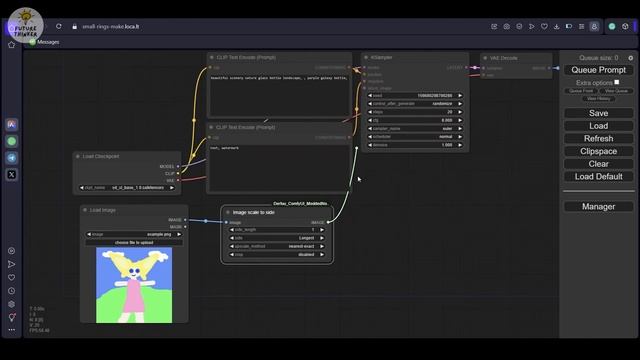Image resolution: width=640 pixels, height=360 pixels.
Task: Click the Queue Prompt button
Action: click(598, 70)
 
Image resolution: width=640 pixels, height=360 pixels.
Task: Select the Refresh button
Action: click(598, 139)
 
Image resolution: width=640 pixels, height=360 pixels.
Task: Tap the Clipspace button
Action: click(598, 151)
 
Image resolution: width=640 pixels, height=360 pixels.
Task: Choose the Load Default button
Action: click(598, 177)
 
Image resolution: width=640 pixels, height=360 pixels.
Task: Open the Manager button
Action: click(598, 207)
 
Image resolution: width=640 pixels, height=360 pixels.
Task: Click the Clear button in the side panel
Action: click(598, 164)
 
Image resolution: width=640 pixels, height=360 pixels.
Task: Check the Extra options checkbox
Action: click(617, 82)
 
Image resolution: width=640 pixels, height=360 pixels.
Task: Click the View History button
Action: click(598, 98)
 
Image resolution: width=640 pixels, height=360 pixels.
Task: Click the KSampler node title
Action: click(382, 58)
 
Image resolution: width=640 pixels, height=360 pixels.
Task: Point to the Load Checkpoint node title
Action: click(103, 156)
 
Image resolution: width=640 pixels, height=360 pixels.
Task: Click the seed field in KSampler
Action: click(414, 96)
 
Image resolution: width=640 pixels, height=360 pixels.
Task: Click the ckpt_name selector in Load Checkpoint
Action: click(129, 187)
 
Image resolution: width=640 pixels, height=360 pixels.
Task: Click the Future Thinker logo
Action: click(22, 23)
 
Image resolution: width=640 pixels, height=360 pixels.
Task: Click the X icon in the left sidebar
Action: click(12, 174)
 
